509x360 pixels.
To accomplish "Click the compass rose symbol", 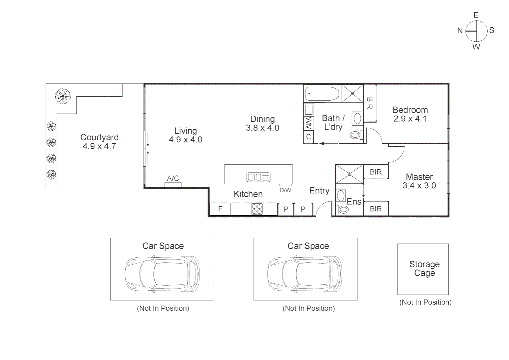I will [476, 31].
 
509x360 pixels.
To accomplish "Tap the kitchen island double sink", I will [258, 177].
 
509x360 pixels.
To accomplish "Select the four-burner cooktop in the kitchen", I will [257, 209].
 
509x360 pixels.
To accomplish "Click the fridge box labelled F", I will [220, 209].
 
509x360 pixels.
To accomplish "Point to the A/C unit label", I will [173, 179].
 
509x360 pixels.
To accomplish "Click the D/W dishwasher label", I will [285, 190].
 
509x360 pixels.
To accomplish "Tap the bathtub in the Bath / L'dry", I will [322, 94].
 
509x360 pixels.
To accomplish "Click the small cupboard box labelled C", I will [308, 137].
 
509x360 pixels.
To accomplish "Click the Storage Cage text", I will [424, 269].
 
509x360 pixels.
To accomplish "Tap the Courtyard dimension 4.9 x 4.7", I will [99, 146].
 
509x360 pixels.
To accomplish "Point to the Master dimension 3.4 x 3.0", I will [419, 186].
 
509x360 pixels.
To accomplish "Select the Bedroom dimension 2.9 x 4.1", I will [410, 119].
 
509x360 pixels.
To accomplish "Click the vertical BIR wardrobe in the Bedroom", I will [369, 103].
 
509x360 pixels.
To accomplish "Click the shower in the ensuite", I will [349, 174].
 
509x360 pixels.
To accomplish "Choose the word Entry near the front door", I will [319, 191].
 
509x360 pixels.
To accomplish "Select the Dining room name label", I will [262, 119].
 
